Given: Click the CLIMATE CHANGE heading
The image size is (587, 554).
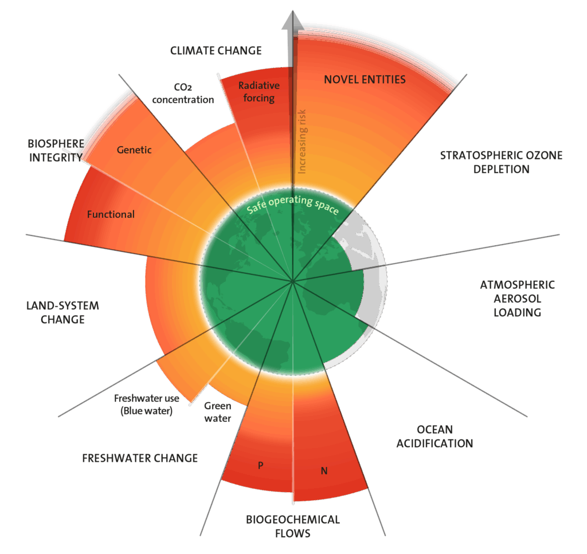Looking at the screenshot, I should point(216,51).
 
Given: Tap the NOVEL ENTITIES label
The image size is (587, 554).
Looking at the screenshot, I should point(365,80).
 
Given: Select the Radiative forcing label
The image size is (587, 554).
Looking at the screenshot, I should point(259,92).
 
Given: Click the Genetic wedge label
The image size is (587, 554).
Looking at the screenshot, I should point(134,150).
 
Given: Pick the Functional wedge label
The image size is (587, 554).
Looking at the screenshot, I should point(111,215).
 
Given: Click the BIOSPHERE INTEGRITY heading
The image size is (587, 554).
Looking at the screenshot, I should point(55,150).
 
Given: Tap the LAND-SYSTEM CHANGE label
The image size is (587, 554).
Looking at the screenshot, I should point(62,312).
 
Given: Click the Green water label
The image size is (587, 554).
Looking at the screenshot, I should point(218,412).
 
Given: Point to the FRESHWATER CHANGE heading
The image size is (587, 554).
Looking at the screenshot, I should point(140,458).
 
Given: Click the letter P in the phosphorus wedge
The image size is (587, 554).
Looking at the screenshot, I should point(260,465).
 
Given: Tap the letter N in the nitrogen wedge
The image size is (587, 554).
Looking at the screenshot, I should point(324,472).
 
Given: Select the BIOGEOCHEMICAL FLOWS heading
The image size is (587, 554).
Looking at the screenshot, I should point(293,527).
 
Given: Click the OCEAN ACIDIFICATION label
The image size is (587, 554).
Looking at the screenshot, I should point(435,437).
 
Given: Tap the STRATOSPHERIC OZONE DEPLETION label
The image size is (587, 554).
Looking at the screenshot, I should point(501,162).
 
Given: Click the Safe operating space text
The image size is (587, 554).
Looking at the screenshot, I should point(292,206).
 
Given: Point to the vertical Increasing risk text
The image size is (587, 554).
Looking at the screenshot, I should point(303,141).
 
